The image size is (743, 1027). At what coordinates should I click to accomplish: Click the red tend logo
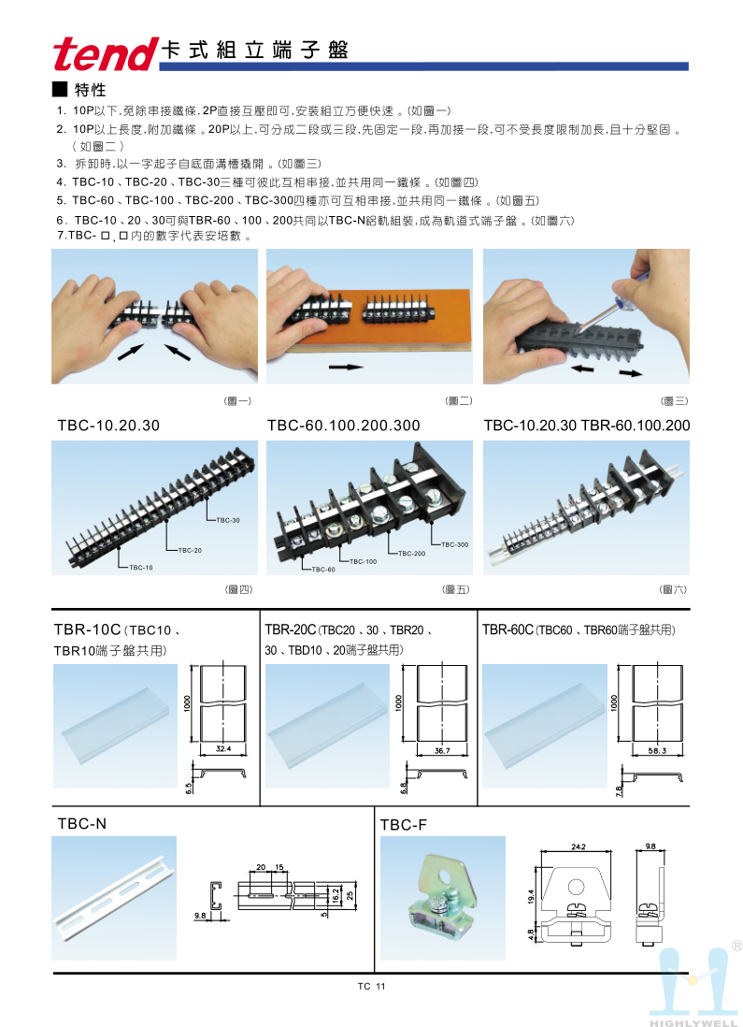(105, 53)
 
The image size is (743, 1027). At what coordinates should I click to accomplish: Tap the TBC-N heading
(82, 823)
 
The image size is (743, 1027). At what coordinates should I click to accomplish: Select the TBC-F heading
(403, 825)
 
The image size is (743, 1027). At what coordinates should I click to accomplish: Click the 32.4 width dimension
(223, 748)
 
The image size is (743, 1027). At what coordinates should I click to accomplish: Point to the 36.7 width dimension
(442, 750)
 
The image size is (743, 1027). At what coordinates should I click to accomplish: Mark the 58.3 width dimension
(657, 750)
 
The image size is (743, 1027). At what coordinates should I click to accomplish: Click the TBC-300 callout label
(455, 544)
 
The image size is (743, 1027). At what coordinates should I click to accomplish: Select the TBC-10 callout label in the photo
(141, 567)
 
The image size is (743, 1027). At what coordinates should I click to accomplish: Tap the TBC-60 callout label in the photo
(323, 570)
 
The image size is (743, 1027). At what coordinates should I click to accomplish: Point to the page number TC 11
(372, 987)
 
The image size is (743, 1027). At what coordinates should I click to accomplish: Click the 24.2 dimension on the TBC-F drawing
(578, 846)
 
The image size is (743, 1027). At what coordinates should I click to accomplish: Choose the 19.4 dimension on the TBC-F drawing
(531, 897)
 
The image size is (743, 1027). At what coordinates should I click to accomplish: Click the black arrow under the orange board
(346, 367)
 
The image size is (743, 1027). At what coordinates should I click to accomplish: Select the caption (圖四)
(239, 589)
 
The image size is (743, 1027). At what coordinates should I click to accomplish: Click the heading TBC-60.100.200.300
(344, 425)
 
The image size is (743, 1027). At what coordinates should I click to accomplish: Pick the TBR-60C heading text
(508, 629)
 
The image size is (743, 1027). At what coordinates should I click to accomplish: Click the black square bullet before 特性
(60, 89)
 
